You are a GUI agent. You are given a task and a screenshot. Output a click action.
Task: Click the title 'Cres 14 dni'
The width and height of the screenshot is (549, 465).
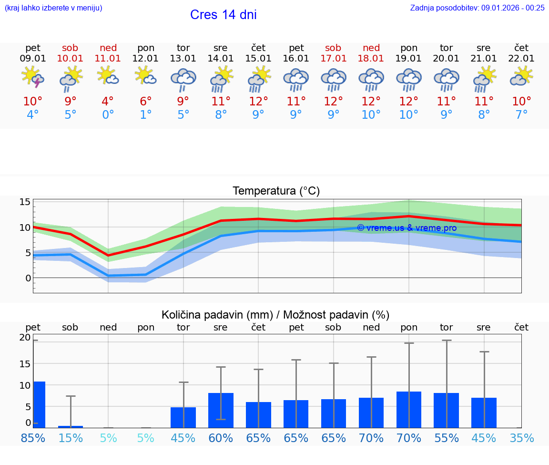223,15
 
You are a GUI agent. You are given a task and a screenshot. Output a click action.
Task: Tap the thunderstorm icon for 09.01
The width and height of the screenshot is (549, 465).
33,77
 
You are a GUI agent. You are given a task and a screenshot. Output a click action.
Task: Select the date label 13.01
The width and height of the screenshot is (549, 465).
183,59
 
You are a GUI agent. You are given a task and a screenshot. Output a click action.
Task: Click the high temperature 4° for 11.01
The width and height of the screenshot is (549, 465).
108,102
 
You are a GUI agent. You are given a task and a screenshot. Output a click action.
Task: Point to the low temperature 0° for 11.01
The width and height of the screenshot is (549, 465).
108,115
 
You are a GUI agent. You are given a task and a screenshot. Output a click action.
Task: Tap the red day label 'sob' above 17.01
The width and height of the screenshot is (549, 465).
333,48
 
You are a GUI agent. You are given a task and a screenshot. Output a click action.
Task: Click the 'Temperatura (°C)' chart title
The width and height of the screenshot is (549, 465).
276,191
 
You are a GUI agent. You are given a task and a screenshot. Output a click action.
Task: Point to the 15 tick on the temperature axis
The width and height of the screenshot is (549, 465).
25,202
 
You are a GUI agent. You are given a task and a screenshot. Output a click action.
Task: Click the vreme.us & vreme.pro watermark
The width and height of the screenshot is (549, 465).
407,228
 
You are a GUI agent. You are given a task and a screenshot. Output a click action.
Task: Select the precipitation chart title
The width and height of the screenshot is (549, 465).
275,315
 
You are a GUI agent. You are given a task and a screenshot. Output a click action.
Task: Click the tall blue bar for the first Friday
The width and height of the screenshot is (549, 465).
39,404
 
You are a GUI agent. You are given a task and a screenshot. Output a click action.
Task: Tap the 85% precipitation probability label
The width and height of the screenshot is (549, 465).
33,438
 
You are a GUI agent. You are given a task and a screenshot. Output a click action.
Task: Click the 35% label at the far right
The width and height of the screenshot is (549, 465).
521,438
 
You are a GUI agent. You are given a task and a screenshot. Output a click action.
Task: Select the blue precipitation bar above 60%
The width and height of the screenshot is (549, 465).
221,410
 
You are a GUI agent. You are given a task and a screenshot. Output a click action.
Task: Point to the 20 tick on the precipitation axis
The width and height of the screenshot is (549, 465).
25,338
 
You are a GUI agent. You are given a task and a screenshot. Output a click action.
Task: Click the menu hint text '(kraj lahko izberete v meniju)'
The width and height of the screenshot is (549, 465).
53,8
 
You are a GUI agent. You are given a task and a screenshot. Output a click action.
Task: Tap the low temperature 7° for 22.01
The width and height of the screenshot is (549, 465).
521,115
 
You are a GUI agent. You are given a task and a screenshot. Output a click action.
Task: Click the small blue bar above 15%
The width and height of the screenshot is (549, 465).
71,426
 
